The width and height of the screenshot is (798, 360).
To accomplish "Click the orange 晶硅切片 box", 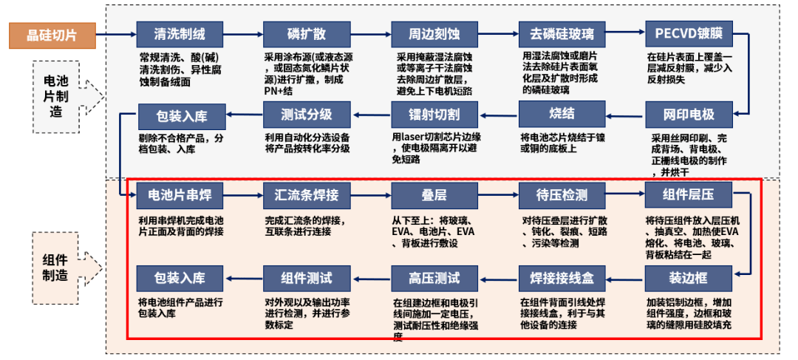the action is coord(52,35).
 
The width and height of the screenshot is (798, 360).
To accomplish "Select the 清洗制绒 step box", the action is coord(180,35).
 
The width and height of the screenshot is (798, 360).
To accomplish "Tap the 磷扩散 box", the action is coord(307,35).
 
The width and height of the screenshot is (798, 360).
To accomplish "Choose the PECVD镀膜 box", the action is coord(689,35).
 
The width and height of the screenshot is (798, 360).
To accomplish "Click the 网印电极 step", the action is coord(689,115).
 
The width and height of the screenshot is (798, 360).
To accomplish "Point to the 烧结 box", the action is coord(562,114).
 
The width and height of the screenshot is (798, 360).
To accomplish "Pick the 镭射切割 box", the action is coord(434,115).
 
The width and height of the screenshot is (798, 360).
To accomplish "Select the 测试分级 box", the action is coord(307,115).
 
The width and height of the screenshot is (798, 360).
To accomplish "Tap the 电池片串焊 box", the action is coord(180,195).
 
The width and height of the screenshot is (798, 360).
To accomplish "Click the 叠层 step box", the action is coord(434,195).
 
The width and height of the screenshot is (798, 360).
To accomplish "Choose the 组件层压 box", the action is coord(689,195).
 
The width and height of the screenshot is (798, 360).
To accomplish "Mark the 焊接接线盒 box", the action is coord(562,278).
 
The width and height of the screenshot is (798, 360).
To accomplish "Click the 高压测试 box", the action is coord(434,278).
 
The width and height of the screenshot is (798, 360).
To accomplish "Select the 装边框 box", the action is coord(689,278).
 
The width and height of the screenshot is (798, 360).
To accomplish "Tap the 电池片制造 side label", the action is coord(56,97).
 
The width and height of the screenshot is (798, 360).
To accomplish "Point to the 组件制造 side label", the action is coord(56,268).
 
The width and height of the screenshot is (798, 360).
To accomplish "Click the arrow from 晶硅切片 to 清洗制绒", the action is coord(116,35).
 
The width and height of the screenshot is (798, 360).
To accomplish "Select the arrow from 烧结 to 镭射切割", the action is coord(498,115).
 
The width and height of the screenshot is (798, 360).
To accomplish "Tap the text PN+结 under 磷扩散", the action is coord(278,92).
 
